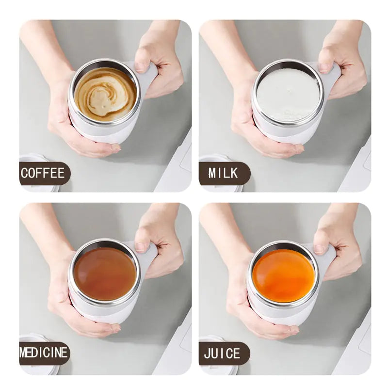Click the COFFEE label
pyautogui.click(x=43, y=173)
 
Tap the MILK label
pyautogui.click(x=224, y=173)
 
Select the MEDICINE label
pyautogui.click(x=44, y=353)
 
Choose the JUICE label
pyautogui.click(x=222, y=353)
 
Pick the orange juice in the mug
pyautogui.click(x=284, y=275)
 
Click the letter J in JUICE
pyautogui.click(x=207, y=353)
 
